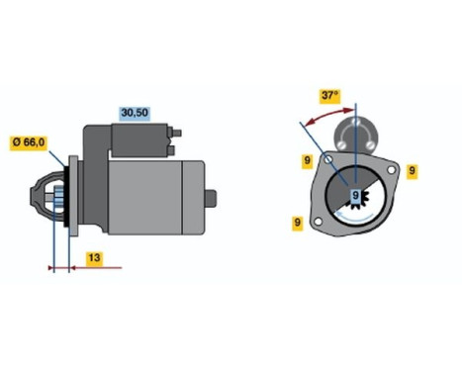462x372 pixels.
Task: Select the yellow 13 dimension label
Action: click(92, 259)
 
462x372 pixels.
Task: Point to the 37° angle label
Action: click(330, 97)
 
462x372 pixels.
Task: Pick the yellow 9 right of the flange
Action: click(412, 169)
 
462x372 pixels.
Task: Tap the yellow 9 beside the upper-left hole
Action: click(309, 159)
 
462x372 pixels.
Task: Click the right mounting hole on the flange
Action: click(392, 171)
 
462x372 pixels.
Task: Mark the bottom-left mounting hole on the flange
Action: click(321, 219)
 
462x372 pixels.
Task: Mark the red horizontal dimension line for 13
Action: click(85, 267)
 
